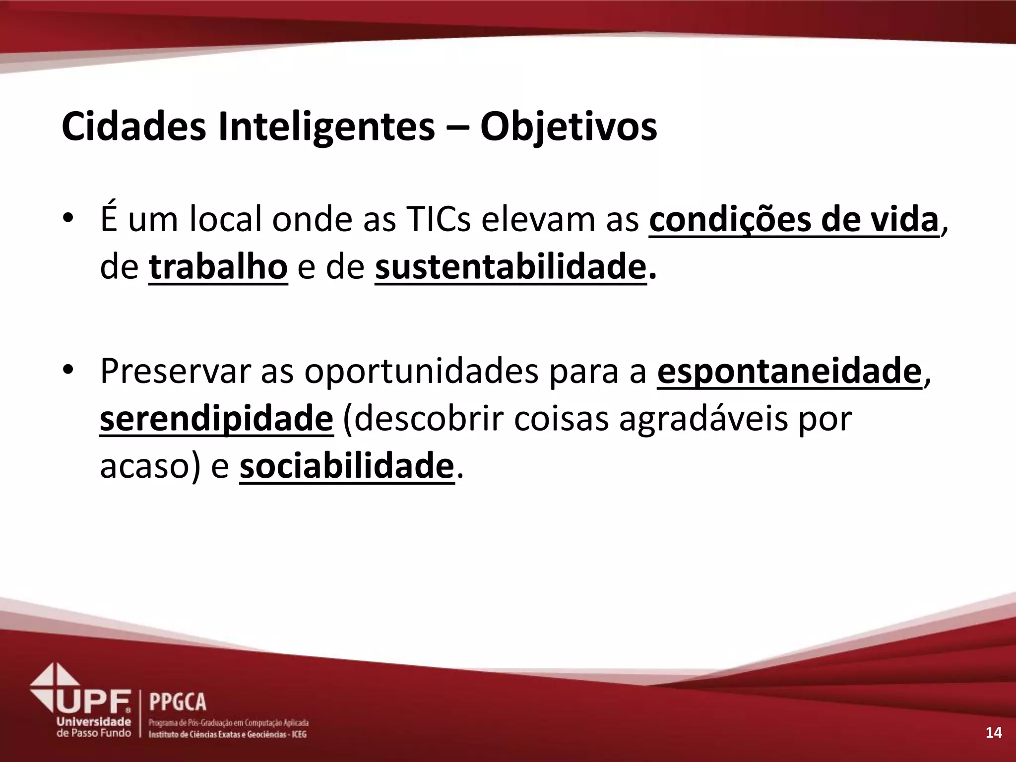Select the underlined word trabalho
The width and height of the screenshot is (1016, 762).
[x=218, y=267]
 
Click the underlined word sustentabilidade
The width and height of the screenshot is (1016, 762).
[x=510, y=267]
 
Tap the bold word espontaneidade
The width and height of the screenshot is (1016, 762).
[x=789, y=371]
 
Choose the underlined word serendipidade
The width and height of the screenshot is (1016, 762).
[x=217, y=419]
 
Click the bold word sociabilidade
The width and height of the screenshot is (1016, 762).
[x=347, y=466]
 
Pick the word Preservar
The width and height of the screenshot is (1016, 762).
[x=176, y=371]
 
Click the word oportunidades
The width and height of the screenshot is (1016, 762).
[x=421, y=371]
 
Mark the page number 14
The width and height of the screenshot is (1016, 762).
[x=994, y=732]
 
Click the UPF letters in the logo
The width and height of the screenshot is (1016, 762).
[x=94, y=701]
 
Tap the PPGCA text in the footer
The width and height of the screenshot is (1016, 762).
[x=178, y=702]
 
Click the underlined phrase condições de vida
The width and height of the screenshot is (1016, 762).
[x=794, y=220]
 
